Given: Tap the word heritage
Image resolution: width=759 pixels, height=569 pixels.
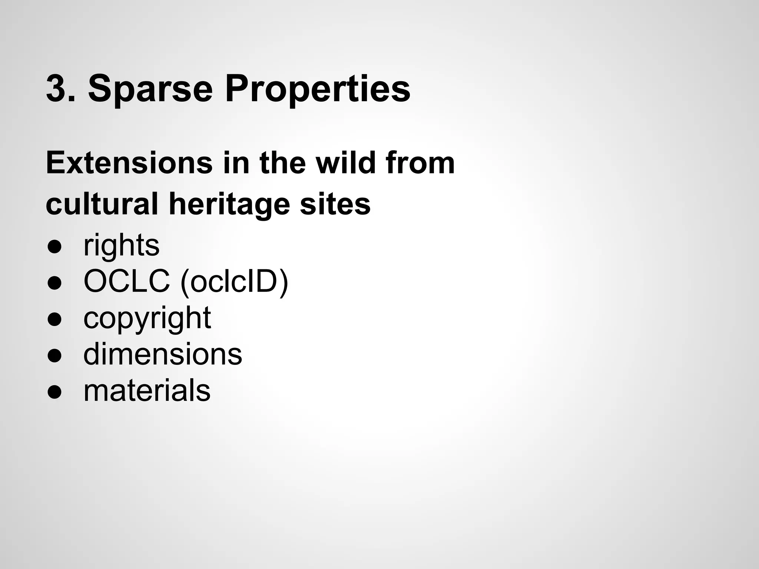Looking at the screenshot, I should point(229,204).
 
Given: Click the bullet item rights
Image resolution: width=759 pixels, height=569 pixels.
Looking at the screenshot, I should point(121,245).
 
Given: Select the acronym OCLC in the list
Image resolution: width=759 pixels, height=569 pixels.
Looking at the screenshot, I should point(127,281).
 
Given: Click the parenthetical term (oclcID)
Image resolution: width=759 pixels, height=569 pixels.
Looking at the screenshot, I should point(234,282).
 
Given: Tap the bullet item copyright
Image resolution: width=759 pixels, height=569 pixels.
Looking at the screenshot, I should point(147,318).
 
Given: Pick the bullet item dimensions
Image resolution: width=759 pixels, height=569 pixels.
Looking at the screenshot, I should point(163,354).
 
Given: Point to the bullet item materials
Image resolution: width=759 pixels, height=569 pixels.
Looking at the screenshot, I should point(147,390).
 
